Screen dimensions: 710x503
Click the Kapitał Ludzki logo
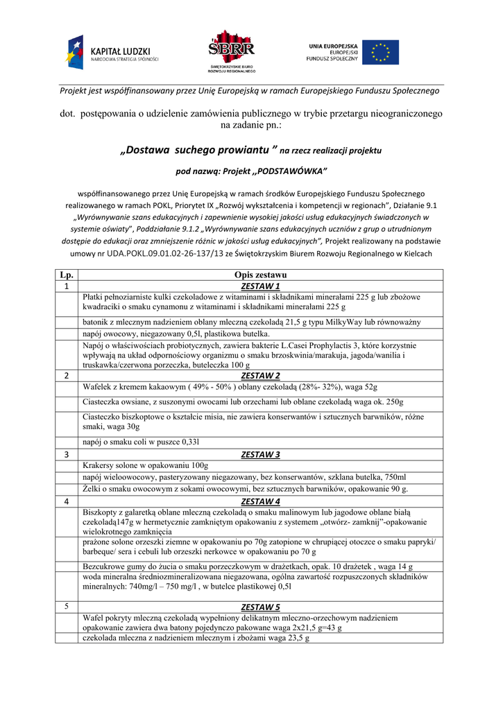tap(112, 53)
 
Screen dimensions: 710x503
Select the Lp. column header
tap(67, 276)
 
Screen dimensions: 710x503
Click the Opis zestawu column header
tap(260, 276)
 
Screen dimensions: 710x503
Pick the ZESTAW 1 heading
tap(260, 286)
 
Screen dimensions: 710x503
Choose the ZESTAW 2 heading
tap(260, 376)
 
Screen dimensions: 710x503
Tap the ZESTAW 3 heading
tap(260, 455)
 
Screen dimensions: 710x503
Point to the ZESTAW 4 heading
tap(260, 501)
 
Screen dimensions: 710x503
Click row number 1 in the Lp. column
tap(67, 286)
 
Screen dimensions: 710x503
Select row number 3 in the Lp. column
tap(67, 455)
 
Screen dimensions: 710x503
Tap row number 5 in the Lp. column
tap(67, 607)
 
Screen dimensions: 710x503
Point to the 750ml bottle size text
tap(394, 477)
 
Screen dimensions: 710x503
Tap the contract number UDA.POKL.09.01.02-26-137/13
tap(165, 254)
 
